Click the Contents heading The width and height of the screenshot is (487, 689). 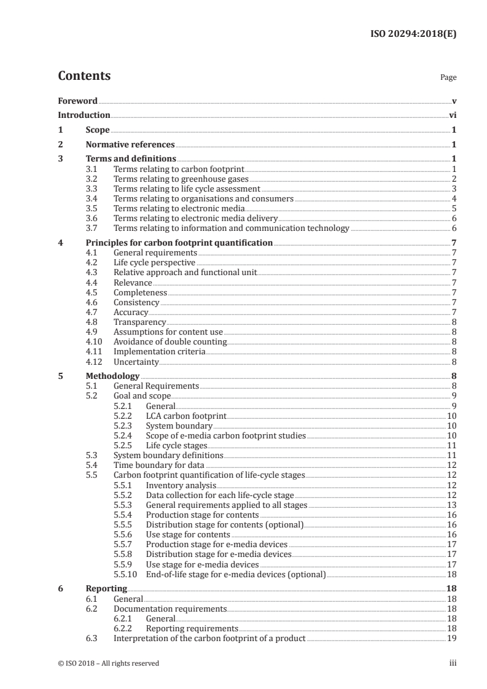coord(84,77)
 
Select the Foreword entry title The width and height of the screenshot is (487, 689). coord(77,101)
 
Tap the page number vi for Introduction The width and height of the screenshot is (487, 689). coord(452,115)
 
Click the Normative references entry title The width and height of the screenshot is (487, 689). coord(130,145)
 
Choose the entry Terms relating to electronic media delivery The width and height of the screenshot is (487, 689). coord(196,219)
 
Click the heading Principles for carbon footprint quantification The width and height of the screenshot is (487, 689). coord(179,243)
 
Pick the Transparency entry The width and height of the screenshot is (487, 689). coord(139,322)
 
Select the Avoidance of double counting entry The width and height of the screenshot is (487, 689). coord(170,342)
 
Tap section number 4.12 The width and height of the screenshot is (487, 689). coord(93,362)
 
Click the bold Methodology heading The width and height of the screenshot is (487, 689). coord(112,376)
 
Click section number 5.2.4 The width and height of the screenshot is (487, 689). coord(124,436)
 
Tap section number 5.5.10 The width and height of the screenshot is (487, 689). coord(126,575)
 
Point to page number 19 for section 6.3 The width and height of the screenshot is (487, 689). coord(451,639)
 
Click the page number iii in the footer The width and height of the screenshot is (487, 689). coord(453,663)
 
